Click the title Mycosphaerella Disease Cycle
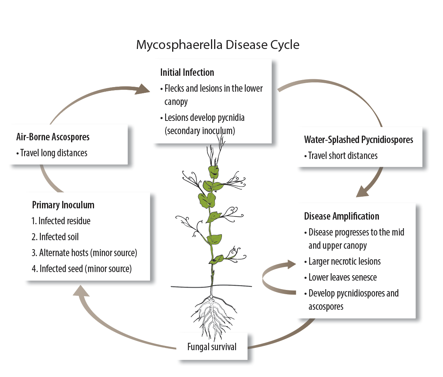218,45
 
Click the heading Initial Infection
187,72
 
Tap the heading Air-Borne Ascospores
53,137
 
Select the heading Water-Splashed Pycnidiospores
358,140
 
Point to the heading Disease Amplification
342,216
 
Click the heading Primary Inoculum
63,205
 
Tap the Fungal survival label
212,347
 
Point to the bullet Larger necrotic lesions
344,262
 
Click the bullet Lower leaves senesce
342,278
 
